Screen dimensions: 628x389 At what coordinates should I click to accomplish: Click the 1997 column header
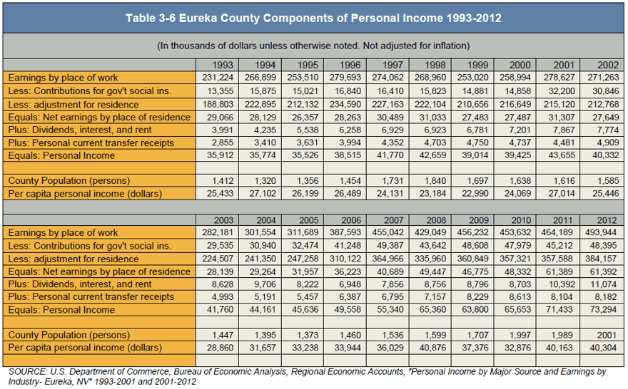(x=392, y=65)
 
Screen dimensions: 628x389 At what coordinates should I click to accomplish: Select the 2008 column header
(x=436, y=220)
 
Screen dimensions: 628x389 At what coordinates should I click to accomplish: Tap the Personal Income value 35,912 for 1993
(x=221, y=155)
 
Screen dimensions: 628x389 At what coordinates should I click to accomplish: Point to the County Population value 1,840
(x=435, y=181)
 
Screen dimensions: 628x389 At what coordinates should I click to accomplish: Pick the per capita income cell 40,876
(x=432, y=348)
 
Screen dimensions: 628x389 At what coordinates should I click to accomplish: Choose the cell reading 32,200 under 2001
(x=562, y=91)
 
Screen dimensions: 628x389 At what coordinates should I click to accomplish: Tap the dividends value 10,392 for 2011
(x=562, y=284)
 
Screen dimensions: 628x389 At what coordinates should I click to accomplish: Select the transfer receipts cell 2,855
(x=223, y=142)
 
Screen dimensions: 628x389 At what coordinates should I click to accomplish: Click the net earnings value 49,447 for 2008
(x=432, y=272)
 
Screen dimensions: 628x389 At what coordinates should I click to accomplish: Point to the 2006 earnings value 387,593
(x=345, y=232)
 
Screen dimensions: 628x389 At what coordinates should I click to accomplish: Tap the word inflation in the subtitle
(x=450, y=46)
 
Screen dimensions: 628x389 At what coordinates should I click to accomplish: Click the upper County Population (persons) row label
(x=69, y=181)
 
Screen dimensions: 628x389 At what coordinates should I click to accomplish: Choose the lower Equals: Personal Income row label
(x=61, y=310)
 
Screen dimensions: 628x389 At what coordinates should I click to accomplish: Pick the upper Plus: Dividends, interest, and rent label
(x=80, y=130)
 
